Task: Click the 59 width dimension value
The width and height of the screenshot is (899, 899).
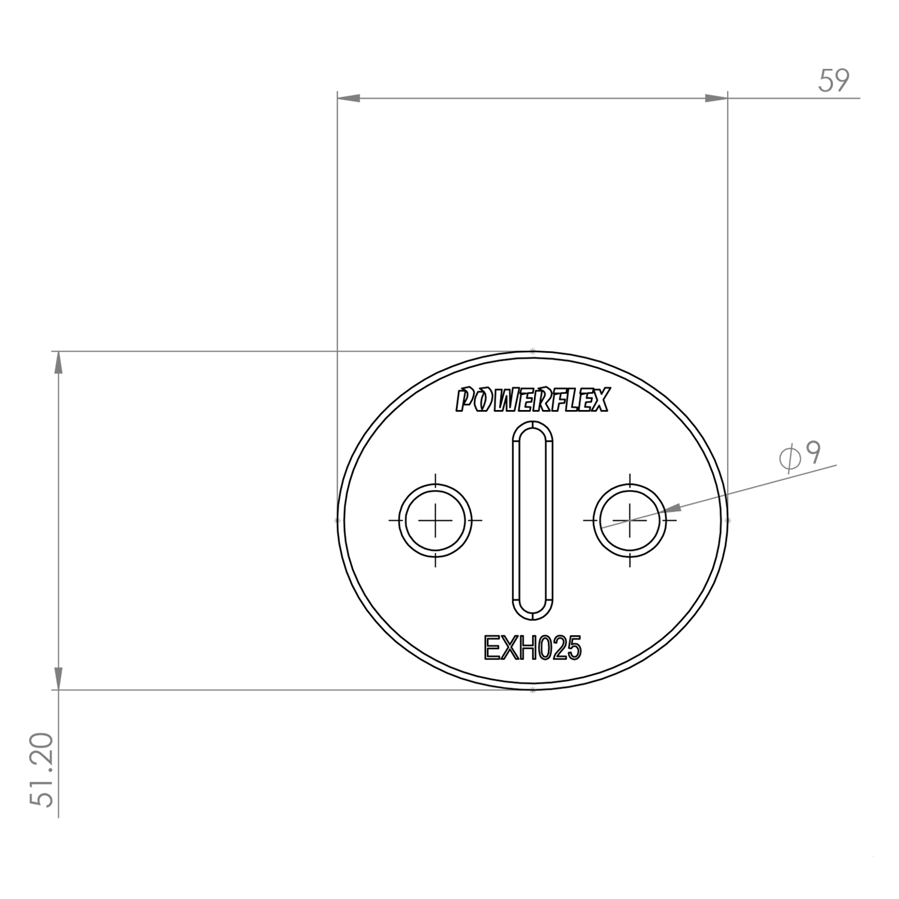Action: [x=834, y=80]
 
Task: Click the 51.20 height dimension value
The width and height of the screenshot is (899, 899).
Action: [x=44, y=770]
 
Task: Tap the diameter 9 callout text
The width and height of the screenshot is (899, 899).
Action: [x=800, y=457]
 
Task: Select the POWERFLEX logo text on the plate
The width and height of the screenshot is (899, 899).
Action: [x=532, y=400]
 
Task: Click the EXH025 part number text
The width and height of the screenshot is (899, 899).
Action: [x=532, y=648]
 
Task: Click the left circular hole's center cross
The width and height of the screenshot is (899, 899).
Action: [x=436, y=520]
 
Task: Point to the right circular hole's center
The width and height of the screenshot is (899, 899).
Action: [x=630, y=520]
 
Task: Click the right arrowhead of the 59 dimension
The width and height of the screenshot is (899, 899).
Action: [x=716, y=98]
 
